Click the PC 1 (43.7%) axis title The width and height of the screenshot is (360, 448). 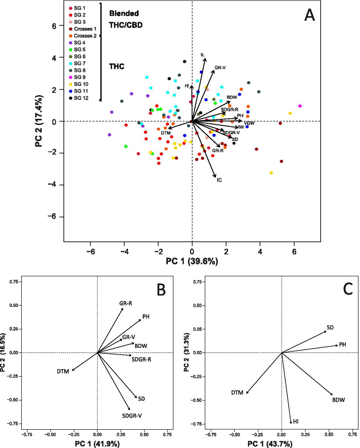[281, 443]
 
